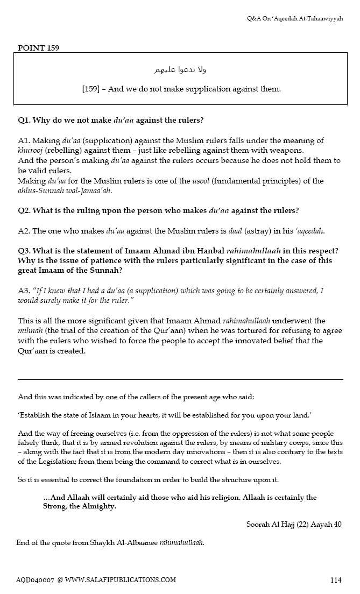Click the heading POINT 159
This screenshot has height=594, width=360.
(x=38, y=48)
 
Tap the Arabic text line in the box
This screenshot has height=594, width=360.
(x=179, y=70)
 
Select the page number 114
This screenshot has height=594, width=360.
(x=336, y=580)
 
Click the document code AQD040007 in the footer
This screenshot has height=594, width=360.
(x=35, y=580)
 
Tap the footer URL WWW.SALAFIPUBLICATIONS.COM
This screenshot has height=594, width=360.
(x=121, y=580)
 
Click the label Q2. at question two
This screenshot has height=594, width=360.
(x=24, y=210)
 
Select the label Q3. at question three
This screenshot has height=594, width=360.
(x=24, y=251)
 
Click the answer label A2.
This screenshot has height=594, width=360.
(x=24, y=231)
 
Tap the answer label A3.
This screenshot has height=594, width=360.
(x=24, y=291)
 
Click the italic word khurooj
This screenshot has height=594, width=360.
(x=30, y=150)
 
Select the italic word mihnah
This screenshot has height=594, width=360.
(x=30, y=331)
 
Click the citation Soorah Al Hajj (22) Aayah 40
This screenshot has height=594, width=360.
(x=294, y=524)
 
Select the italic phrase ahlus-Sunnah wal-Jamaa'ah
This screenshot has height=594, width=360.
(x=65, y=190)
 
